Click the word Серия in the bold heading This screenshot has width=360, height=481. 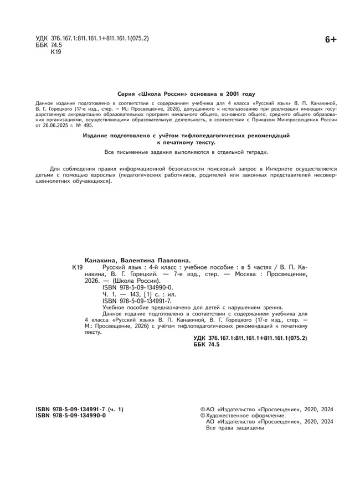point(127,94)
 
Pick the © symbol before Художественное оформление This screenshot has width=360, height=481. point(202,415)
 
